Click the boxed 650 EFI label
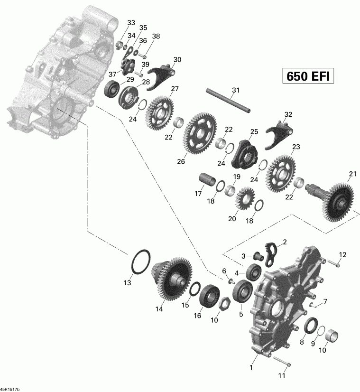tap(306, 76)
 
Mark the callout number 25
tap(254, 131)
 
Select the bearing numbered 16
tap(208, 297)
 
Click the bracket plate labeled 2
tap(272, 251)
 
